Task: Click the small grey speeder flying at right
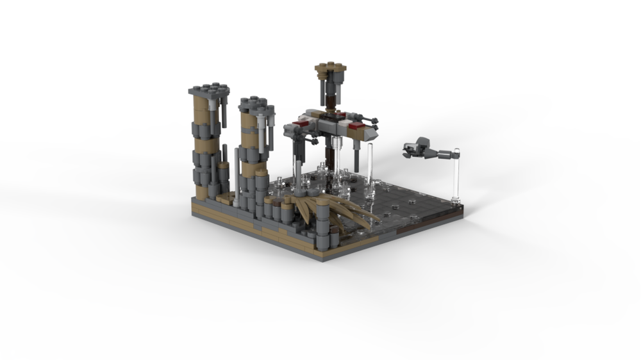pyautogui.click(x=420, y=149)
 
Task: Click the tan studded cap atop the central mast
pyautogui.click(x=330, y=67)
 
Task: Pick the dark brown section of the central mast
pyautogui.click(x=330, y=102)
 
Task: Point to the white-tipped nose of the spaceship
pyautogui.click(x=372, y=135)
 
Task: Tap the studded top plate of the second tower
pyautogui.click(x=253, y=102)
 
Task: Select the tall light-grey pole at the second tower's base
pyautogui.click(x=238, y=176)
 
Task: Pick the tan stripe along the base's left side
pyautogui.click(x=250, y=224)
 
